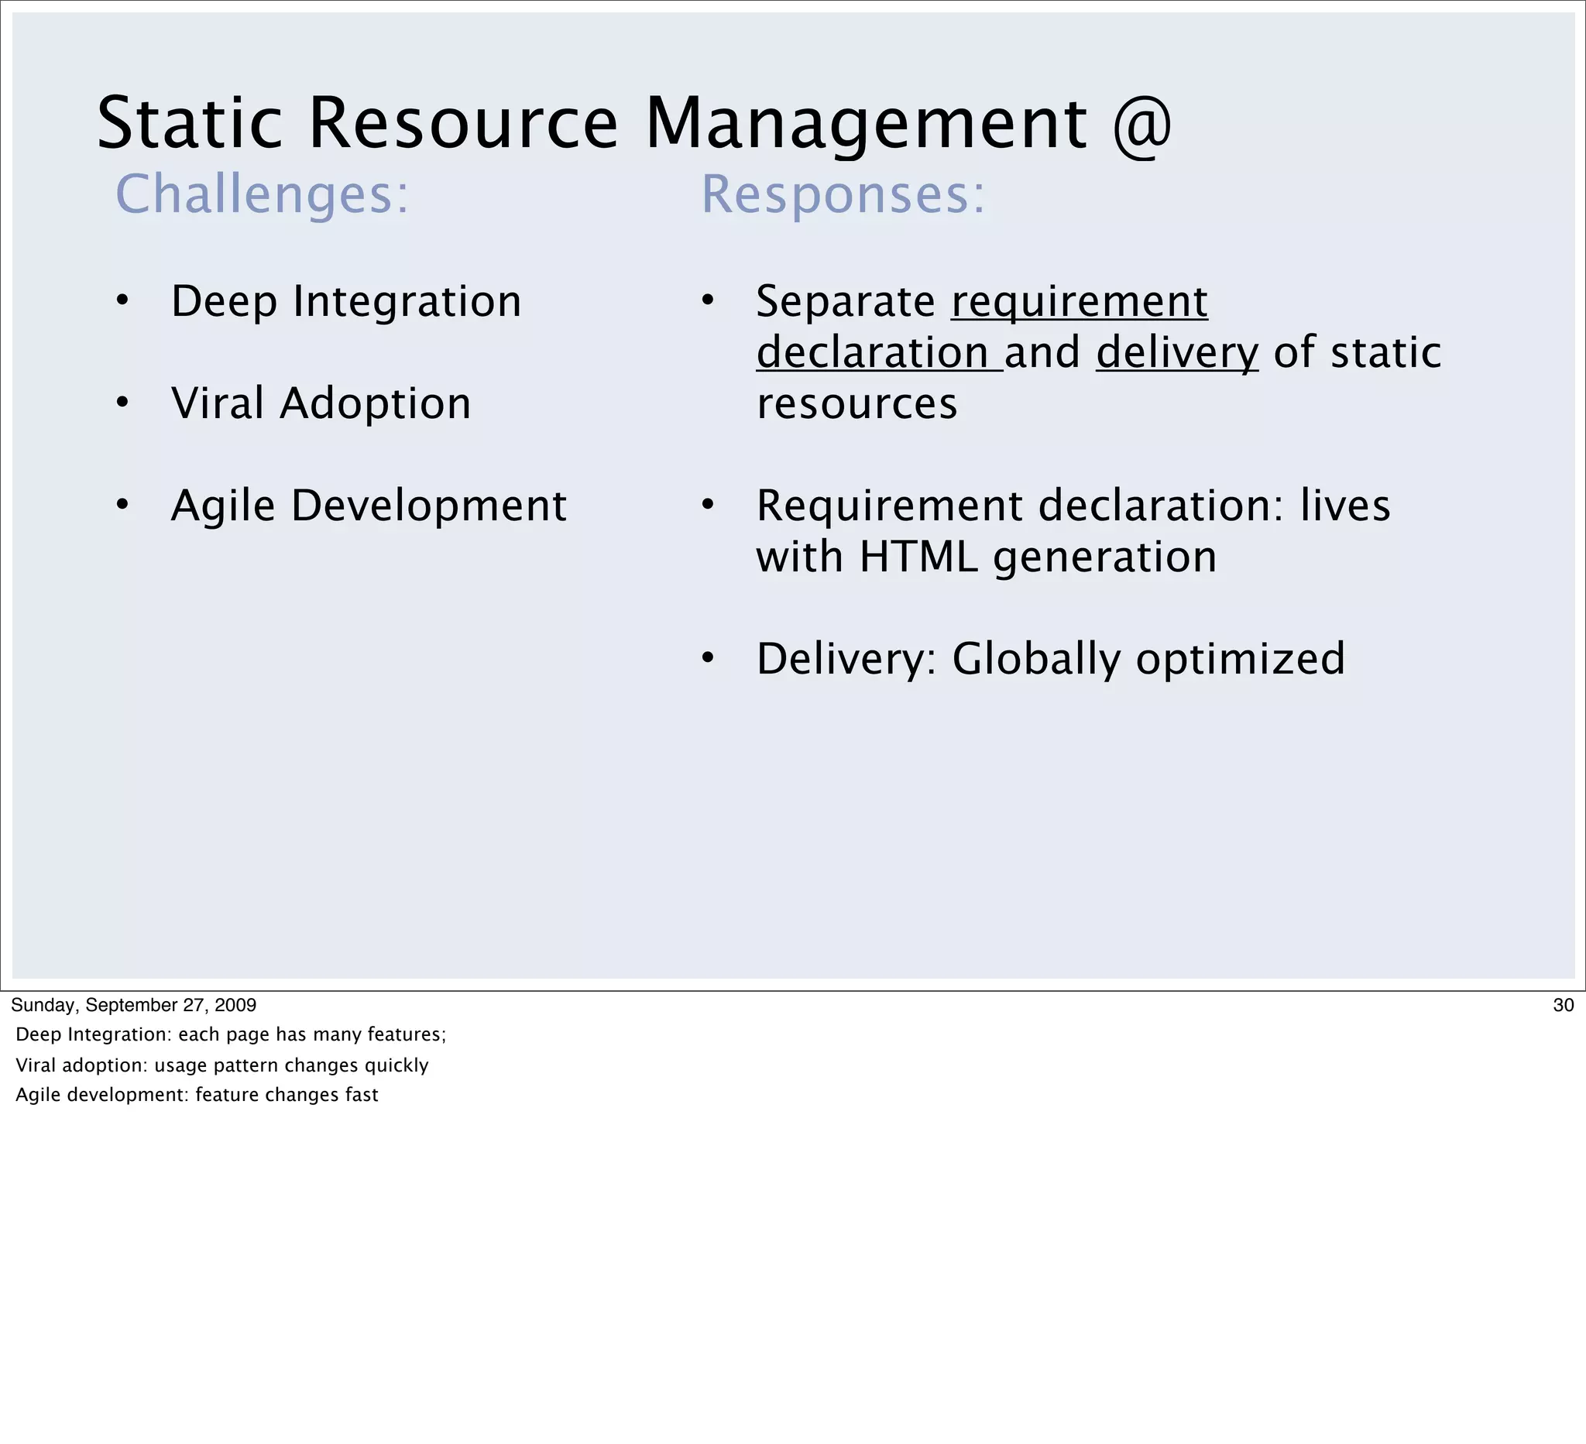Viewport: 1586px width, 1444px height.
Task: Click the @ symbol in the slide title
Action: [x=1142, y=124]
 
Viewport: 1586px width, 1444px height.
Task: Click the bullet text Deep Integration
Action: [x=346, y=301]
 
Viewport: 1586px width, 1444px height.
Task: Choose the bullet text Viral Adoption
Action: [x=321, y=403]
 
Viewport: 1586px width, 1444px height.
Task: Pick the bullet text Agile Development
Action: [x=368, y=505]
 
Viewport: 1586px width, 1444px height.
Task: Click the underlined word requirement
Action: [x=1080, y=301]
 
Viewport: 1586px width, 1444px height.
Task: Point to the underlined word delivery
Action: [x=1177, y=352]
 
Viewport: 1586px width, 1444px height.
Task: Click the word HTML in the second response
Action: [x=919, y=557]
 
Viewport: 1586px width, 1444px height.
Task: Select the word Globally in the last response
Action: [x=1036, y=658]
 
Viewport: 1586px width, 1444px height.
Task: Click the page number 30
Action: [x=1564, y=1005]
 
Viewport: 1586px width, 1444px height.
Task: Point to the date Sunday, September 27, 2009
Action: [x=134, y=1005]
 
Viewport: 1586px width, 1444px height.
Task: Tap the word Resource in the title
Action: [x=463, y=124]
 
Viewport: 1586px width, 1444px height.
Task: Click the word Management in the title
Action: [x=866, y=124]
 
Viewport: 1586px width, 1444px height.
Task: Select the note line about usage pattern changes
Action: [x=221, y=1065]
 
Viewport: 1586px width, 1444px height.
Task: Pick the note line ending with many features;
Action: [x=231, y=1034]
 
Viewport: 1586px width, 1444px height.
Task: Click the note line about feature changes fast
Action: [x=197, y=1095]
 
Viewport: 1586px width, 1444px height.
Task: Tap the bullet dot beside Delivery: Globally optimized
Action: [x=707, y=658]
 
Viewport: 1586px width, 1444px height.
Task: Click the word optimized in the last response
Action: [x=1241, y=658]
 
